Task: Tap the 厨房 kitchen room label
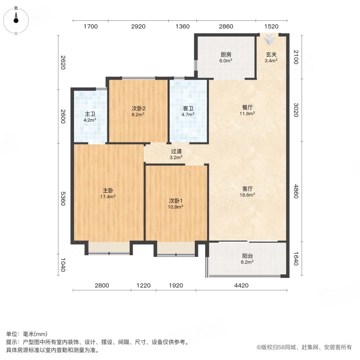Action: [x=226, y=55]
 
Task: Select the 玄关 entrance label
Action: [x=271, y=55]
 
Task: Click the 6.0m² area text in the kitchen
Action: [x=226, y=61]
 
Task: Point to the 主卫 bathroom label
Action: [x=90, y=113]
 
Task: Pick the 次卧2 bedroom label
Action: [x=138, y=108]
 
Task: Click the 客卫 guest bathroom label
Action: [x=188, y=108]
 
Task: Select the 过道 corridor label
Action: [x=176, y=151]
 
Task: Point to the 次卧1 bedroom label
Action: [x=175, y=200]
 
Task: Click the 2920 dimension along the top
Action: [x=138, y=27]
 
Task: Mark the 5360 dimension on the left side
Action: [x=62, y=198]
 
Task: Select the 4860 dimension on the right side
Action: [x=296, y=192]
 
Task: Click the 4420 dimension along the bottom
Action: [x=241, y=286]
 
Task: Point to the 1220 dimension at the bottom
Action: [x=143, y=286]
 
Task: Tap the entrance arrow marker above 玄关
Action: [x=271, y=39]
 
